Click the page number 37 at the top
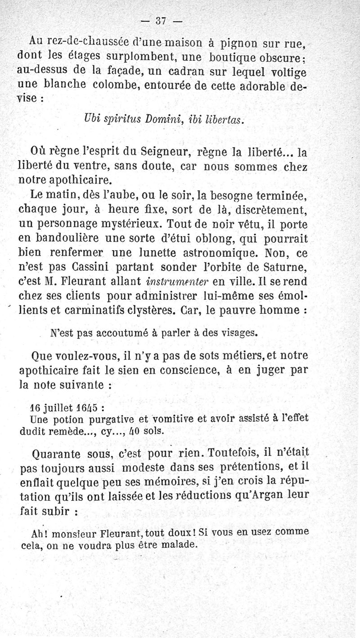pyautogui.click(x=161, y=20)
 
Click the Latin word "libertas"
pyautogui.click(x=224, y=120)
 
